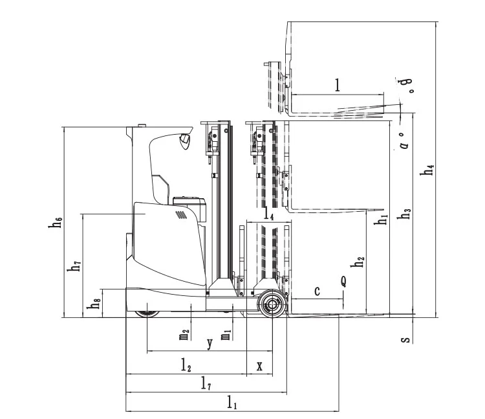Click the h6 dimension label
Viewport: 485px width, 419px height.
click(x=56, y=222)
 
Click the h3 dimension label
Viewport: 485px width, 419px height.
click(x=405, y=213)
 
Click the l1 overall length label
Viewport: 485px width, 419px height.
click(x=232, y=403)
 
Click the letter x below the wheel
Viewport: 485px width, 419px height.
click(x=259, y=366)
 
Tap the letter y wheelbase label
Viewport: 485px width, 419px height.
click(x=209, y=344)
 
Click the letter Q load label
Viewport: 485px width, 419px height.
click(x=343, y=281)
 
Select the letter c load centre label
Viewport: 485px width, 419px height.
click(x=317, y=291)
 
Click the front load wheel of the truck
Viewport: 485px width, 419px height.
click(x=271, y=304)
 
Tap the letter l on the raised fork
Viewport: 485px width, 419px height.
click(x=337, y=84)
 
